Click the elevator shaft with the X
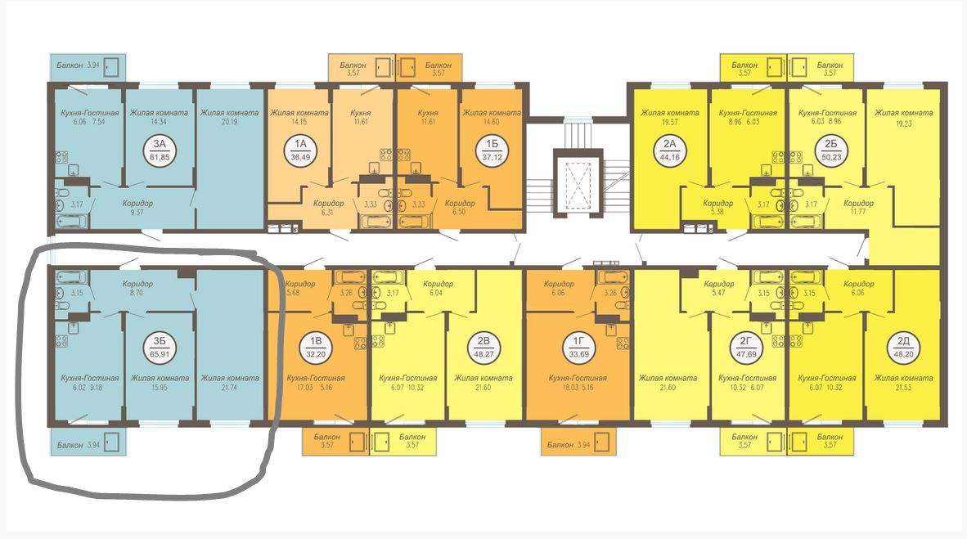pyautogui.click(x=578, y=182)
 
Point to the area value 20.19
pyautogui.click(x=229, y=122)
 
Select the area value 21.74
pyautogui.click(x=230, y=388)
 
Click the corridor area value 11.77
pyautogui.click(x=858, y=212)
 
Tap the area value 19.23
pyautogui.click(x=903, y=124)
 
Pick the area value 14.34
pyautogui.click(x=159, y=122)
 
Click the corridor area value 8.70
pyautogui.click(x=137, y=292)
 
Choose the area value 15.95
pyautogui.click(x=160, y=388)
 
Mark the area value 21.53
pyautogui.click(x=903, y=388)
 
